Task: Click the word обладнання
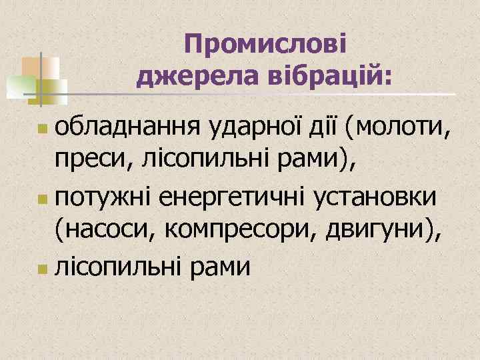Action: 126,125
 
